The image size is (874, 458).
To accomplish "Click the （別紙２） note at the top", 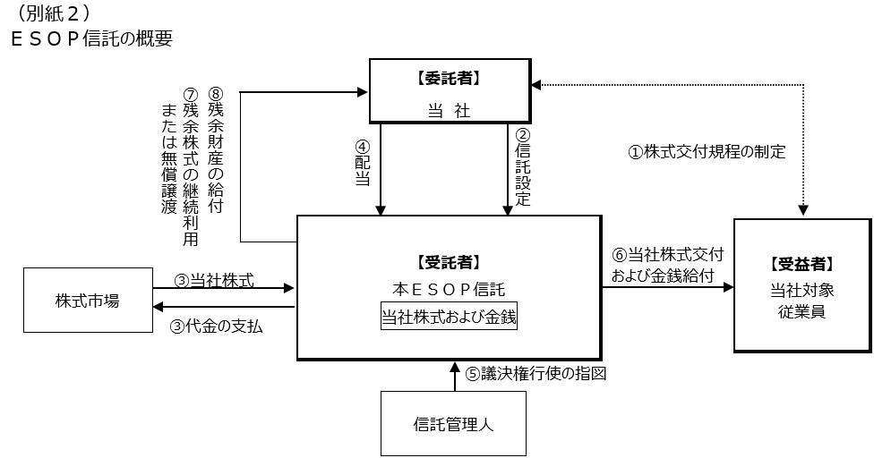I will click(x=53, y=13).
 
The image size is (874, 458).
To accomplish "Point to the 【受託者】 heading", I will click(x=449, y=262).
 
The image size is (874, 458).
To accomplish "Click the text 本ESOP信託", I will click(x=449, y=289).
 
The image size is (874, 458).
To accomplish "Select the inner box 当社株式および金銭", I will click(x=449, y=317).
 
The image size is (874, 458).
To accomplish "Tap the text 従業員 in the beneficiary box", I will click(x=802, y=311).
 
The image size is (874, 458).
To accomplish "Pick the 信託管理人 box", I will click(x=454, y=424).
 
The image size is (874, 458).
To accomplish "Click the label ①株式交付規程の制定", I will click(x=707, y=151).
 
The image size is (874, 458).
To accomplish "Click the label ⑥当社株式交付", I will click(x=666, y=255).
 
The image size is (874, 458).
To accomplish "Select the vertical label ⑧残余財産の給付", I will click(x=215, y=149).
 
